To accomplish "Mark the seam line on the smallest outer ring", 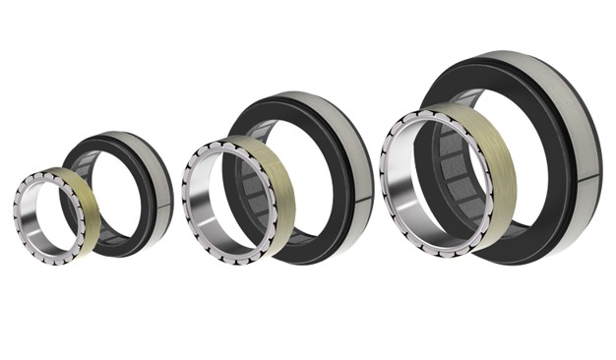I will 168,206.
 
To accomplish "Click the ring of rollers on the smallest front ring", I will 19,208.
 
